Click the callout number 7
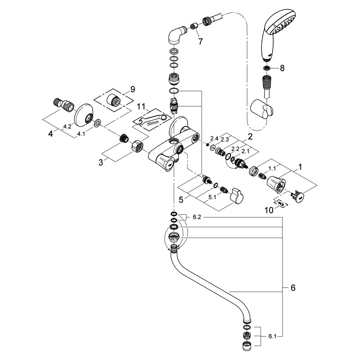pos(200,42)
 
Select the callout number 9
pos(132,90)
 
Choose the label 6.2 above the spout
pos(197,217)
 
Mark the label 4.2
pos(67,126)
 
